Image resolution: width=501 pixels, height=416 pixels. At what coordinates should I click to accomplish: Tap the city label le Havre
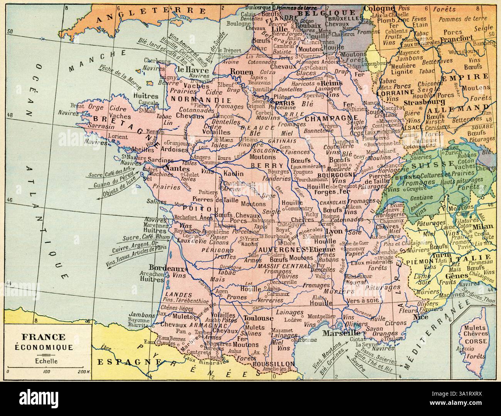(x=193, y=70)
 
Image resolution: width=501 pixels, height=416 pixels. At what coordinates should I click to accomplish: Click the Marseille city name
(x=341, y=333)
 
